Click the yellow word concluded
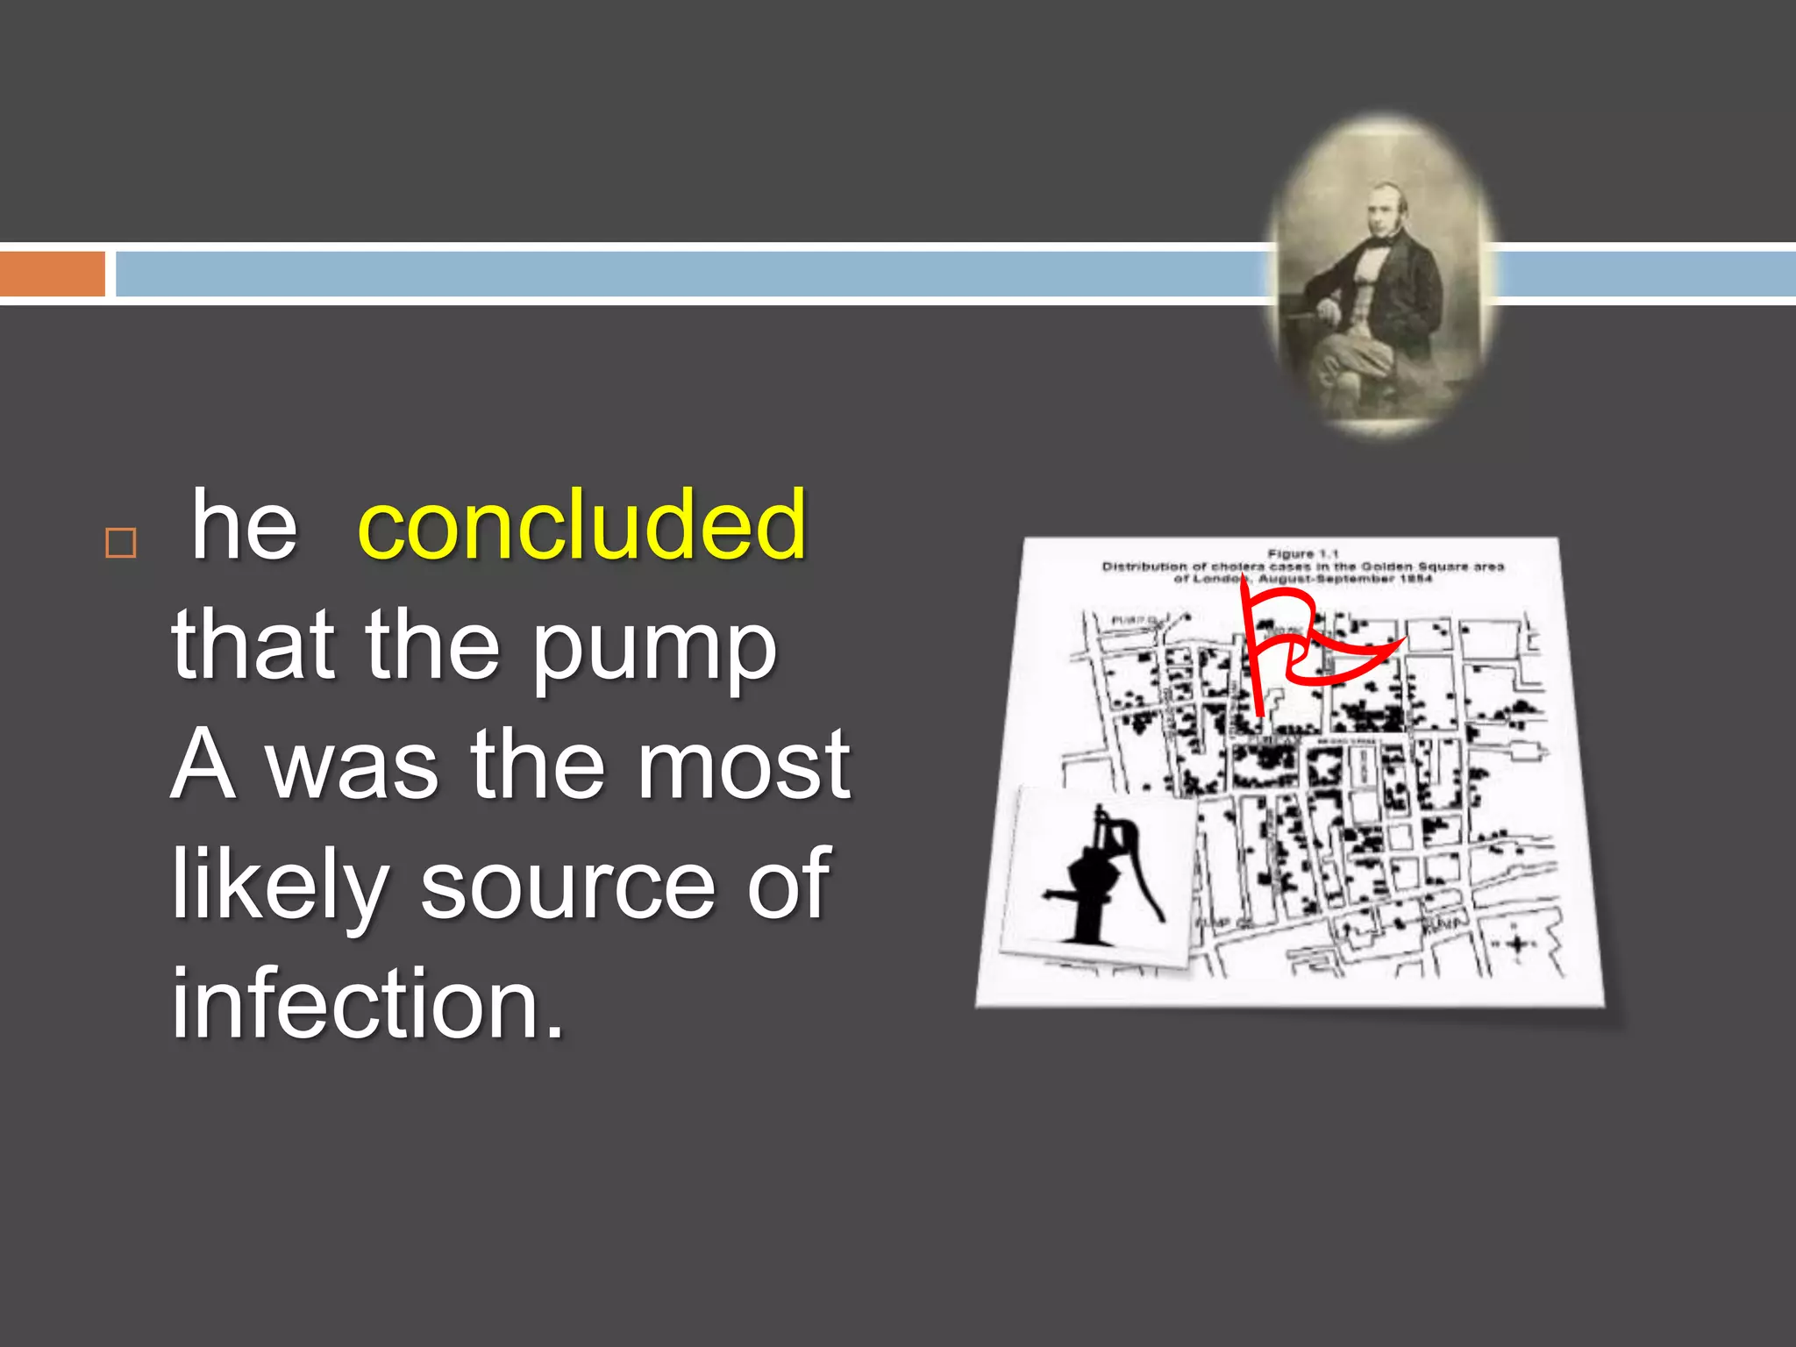pyautogui.click(x=581, y=525)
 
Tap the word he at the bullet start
pyautogui.click(x=244, y=525)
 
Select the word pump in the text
pyautogui.click(x=654, y=649)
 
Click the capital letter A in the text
pyautogui.click(x=203, y=765)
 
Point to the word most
pyautogui.click(x=744, y=765)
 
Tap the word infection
pyautogui.click(x=367, y=1004)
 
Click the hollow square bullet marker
pyautogui.click(x=121, y=543)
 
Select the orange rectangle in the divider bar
pyautogui.click(x=53, y=274)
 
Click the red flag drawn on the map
pyautogui.click(x=1307, y=645)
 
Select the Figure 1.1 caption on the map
pyautogui.click(x=1303, y=554)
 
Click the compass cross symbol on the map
pyautogui.click(x=1518, y=944)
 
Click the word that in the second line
pyautogui.click(x=253, y=649)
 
